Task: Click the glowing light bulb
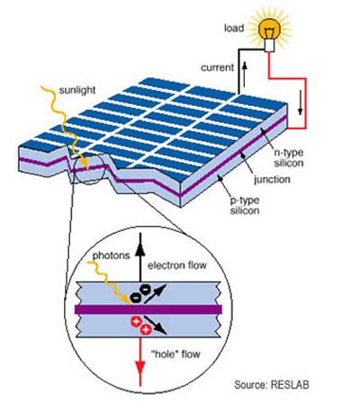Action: [x=269, y=30]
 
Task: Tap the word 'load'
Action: [x=234, y=28]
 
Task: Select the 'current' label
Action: [x=217, y=67]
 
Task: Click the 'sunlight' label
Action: [x=77, y=90]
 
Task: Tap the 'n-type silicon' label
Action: [x=289, y=157]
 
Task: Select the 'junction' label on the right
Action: [x=272, y=179]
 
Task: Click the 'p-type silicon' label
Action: [x=245, y=205]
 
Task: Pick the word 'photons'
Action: [x=111, y=255]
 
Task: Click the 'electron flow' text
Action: [x=177, y=265]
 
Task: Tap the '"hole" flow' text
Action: [x=175, y=354]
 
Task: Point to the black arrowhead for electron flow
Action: [x=140, y=249]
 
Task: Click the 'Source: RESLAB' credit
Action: [x=272, y=385]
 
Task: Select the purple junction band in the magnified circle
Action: [x=148, y=309]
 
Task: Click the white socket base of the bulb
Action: [x=269, y=45]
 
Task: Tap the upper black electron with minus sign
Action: [x=146, y=290]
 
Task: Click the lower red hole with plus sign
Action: [x=146, y=330]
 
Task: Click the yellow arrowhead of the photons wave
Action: [x=127, y=300]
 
